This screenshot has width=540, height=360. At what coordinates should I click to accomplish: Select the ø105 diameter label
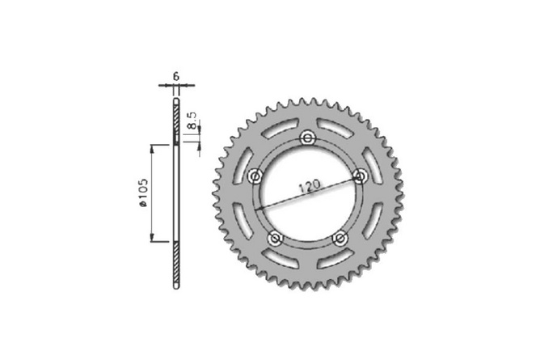coord(143,195)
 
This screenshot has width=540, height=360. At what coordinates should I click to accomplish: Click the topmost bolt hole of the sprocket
coord(307,138)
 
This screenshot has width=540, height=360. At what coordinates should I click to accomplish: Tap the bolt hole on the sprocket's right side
coord(361,176)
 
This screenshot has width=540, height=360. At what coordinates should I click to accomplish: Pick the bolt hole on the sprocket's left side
coord(255,176)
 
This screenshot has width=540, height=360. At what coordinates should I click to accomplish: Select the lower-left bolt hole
coord(275,238)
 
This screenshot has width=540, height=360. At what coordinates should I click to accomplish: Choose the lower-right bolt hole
coord(340,238)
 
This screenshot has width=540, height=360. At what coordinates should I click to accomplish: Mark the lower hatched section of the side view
coord(176,263)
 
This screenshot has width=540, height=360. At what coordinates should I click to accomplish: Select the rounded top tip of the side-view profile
coord(176,89)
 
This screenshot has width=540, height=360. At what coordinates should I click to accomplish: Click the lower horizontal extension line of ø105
coord(162,242)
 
